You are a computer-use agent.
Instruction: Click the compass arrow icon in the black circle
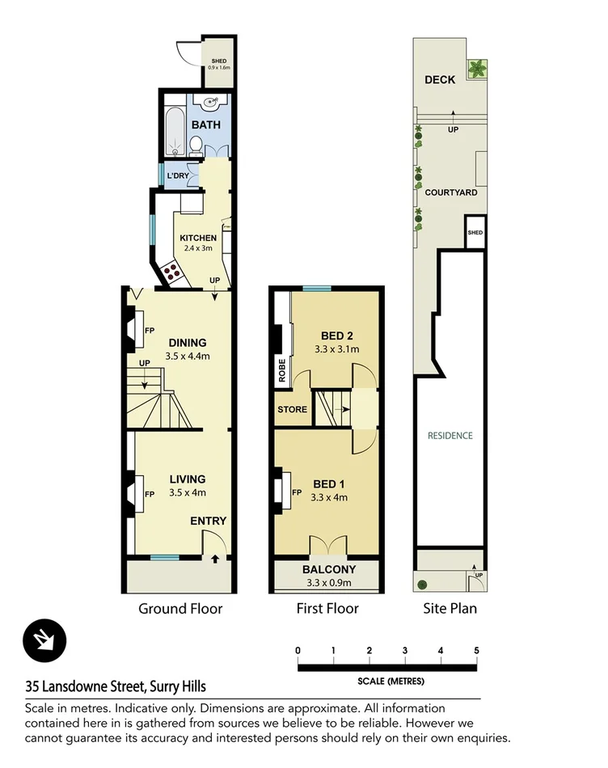pos(38,641)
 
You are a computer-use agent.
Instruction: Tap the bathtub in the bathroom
pos(172,128)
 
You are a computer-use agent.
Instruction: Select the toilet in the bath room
pos(195,146)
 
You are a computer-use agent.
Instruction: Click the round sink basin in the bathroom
pos(212,103)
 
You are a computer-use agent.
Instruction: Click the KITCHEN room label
pos(198,238)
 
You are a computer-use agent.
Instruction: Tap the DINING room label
pos(188,342)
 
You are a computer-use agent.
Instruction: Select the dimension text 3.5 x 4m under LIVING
pos(188,492)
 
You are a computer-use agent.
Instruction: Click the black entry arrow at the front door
pos(215,558)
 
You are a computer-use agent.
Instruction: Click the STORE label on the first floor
pos(292,409)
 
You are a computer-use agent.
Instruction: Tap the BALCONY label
pos(328,569)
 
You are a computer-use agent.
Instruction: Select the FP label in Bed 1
pos(296,492)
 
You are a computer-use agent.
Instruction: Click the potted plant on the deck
pos(477,69)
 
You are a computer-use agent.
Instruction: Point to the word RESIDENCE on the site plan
pos(450,436)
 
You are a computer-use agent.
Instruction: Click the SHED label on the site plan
pos(475,233)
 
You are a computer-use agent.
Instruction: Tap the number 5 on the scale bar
pos(476,651)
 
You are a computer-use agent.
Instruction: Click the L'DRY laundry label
pos(177,176)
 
